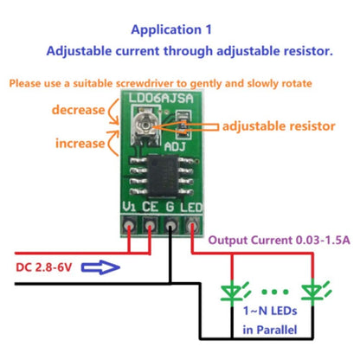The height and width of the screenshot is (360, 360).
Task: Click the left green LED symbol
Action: (x=231, y=292)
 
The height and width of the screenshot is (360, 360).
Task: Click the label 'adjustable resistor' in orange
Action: (x=278, y=126)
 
